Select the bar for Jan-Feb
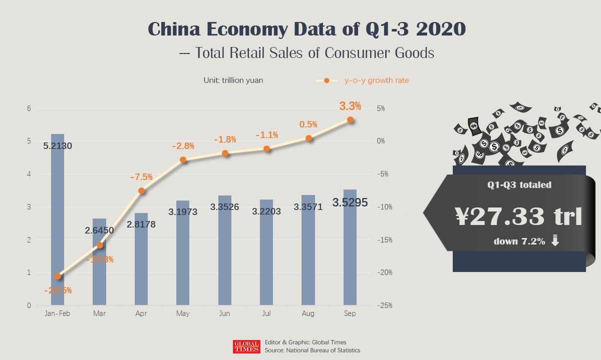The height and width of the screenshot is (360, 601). tap(58, 220)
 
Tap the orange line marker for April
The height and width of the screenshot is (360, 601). tap(141, 190)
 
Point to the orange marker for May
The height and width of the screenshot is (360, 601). tap(183, 160)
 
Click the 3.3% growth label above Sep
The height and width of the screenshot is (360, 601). tap(350, 106)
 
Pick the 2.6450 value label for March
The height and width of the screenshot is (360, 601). tap(99, 230)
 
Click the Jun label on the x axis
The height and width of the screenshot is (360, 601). tap(224, 313)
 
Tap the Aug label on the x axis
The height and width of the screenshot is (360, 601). tap(308, 313)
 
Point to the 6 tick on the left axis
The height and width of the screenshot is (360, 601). tap(29, 108)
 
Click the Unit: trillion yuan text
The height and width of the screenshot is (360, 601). tap(233, 80)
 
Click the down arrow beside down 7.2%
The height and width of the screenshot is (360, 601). tap(555, 241)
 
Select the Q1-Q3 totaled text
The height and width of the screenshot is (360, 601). tap(519, 185)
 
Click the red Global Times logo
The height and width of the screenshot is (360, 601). tap(246, 346)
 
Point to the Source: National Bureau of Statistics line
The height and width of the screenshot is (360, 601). tap(313, 350)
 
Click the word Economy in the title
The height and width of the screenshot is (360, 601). tap(245, 29)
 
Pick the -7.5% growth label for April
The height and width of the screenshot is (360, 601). tap(141, 177)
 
